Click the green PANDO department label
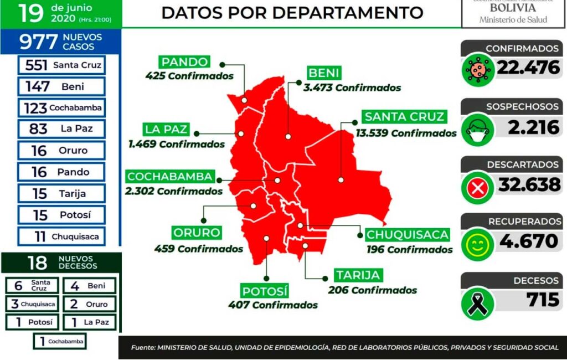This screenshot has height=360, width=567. click(x=185, y=62)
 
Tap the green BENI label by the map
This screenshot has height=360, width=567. click(x=324, y=73)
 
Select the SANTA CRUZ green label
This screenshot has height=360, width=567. click(x=404, y=117)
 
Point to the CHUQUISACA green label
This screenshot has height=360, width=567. click(x=407, y=234)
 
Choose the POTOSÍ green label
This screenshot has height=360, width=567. click(x=265, y=290)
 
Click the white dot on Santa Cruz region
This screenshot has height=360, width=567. click(x=341, y=180)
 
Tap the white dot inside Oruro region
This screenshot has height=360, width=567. click(x=254, y=205)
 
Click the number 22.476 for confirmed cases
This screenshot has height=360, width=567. click(x=528, y=68)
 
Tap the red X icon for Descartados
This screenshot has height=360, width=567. click(x=477, y=188)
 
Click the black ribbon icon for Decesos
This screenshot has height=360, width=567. click(x=477, y=303)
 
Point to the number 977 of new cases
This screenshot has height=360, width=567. click(x=38, y=42)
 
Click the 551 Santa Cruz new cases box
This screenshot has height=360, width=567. click(x=61, y=65)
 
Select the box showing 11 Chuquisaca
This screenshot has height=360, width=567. click(x=61, y=236)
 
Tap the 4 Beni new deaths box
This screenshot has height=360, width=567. click(x=89, y=286)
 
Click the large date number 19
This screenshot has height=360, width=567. click(x=30, y=14)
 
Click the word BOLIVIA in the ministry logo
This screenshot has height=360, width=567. click(x=513, y=8)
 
